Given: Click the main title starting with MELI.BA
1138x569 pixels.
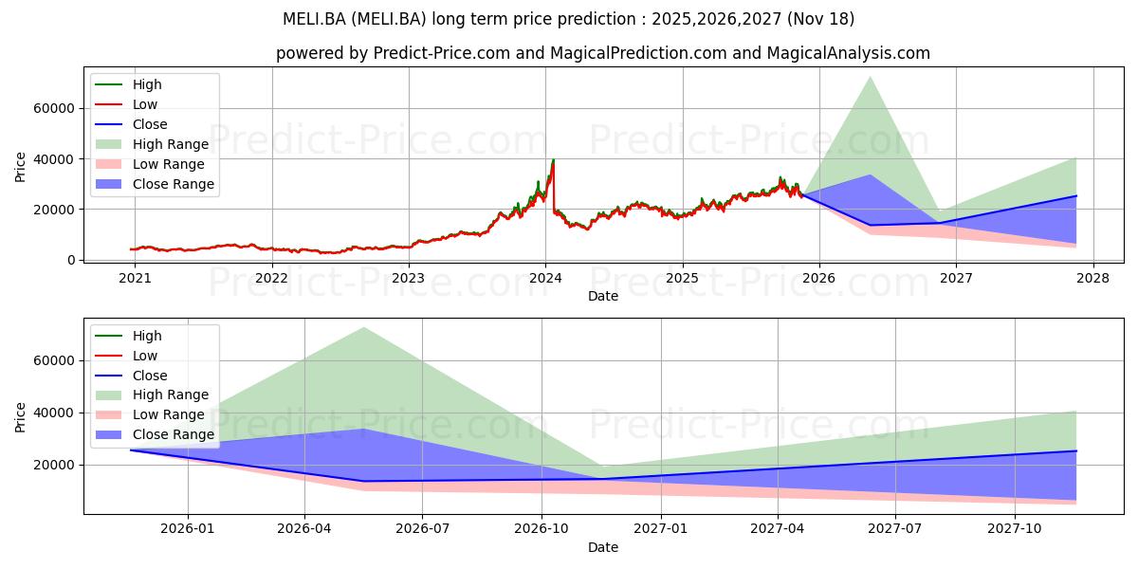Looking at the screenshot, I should tap(569, 19).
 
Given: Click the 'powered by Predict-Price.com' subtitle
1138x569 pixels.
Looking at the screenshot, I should tap(603, 53).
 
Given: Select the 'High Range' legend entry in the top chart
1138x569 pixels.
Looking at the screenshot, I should tap(170, 144).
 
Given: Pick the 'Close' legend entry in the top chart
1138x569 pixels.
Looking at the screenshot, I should tap(149, 124).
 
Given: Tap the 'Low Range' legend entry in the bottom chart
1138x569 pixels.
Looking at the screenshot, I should tap(169, 414).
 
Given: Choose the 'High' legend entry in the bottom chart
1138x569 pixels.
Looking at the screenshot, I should tap(147, 336).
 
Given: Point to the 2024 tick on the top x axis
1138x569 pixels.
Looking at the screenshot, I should tap(545, 278).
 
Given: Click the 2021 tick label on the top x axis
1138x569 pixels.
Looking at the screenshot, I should tap(135, 278).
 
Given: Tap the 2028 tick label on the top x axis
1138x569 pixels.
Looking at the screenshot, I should tap(1092, 278).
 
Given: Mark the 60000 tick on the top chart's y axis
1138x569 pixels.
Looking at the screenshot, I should tap(55, 109).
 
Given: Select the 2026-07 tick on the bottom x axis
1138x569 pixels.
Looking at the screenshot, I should tap(422, 529).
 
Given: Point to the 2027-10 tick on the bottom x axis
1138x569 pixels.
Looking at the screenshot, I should tap(1016, 529).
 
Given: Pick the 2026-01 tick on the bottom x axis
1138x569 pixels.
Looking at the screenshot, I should tap(188, 529).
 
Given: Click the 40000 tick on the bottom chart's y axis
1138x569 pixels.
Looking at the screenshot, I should tap(55, 413).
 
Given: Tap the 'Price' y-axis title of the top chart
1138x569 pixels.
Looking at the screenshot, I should tap(21, 167).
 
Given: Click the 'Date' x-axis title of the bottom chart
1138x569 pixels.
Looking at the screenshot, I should tap(603, 547).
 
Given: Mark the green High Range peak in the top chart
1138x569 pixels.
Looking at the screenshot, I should tap(870, 77).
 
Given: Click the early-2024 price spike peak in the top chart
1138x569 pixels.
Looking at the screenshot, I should tap(553, 160).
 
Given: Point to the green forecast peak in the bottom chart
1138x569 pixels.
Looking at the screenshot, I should tap(363, 327).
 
